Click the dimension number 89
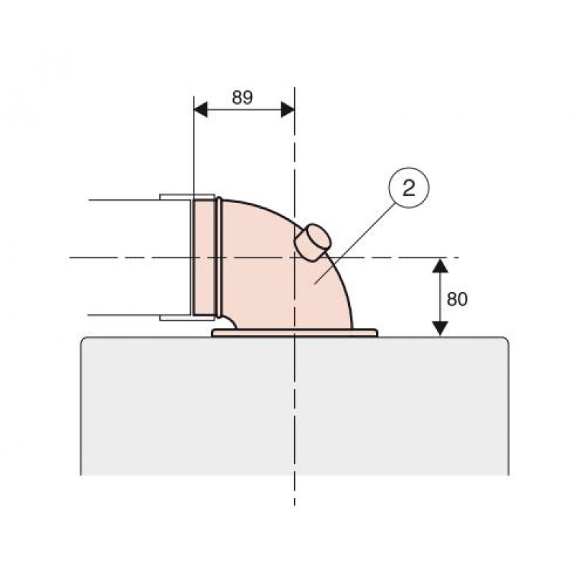point(242,98)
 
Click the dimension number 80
point(457,299)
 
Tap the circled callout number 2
point(408,188)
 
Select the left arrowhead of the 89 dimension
point(200,110)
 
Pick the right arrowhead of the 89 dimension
point(288,110)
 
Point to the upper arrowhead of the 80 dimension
point(440,265)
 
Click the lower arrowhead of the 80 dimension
point(440,329)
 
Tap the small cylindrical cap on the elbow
point(313,243)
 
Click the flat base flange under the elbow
point(295,333)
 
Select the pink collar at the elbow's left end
point(204,258)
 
